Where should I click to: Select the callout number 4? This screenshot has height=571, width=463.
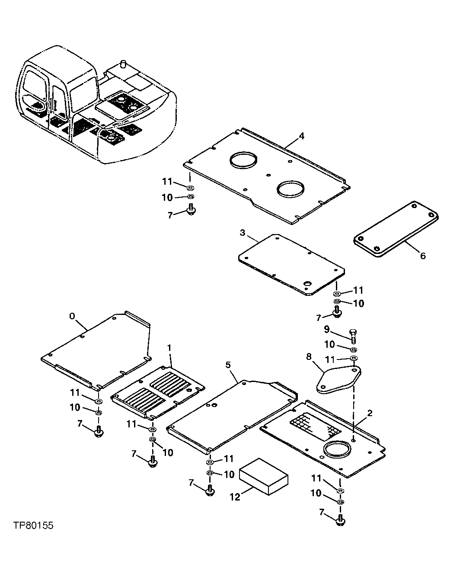point(301,136)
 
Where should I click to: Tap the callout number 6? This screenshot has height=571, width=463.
point(422,256)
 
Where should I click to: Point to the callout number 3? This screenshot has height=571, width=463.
point(243,233)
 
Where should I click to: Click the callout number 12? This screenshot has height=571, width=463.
point(235,497)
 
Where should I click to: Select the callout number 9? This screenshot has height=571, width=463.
point(326,330)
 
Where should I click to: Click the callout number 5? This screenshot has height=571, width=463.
point(228,365)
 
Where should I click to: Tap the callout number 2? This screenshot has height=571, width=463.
point(370,413)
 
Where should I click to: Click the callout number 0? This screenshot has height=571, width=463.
point(72,316)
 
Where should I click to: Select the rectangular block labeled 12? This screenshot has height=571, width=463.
point(264,476)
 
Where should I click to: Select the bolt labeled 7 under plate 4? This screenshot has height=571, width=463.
point(191,210)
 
